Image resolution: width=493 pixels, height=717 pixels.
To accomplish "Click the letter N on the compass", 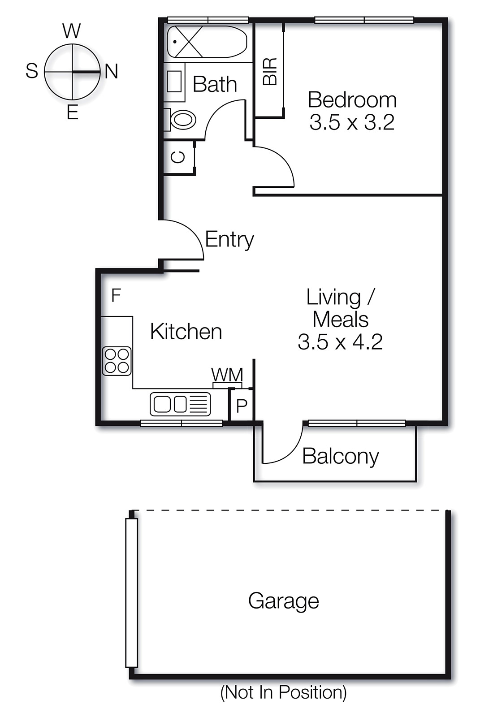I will (112, 71).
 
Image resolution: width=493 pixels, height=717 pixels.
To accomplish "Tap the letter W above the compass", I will (72, 31).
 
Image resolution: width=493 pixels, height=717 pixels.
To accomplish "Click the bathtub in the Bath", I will (207, 42).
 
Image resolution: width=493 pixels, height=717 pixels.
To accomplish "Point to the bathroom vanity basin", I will (174, 82).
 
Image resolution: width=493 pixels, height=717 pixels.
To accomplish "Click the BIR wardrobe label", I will (270, 72).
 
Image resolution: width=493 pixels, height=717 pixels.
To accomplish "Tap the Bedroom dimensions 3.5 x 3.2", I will (352, 122).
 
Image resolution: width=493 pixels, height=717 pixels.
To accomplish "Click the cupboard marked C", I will (178, 157).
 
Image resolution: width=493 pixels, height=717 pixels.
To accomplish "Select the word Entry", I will (229, 239).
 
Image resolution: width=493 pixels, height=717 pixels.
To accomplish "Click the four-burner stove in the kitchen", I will (117, 361).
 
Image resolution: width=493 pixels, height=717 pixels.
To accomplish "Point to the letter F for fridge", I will (116, 296).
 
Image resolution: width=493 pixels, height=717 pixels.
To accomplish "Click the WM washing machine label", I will (227, 375).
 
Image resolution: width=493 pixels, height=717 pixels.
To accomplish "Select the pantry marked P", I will (242, 406).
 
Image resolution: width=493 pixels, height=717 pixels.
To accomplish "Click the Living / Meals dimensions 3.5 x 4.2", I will (340, 342).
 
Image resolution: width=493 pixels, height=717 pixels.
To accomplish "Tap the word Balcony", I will (341, 456).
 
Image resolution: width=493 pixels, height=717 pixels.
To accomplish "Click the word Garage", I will (283, 601).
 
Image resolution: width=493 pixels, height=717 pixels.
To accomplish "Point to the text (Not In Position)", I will (283, 692).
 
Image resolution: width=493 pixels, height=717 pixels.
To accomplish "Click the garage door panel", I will (131, 593).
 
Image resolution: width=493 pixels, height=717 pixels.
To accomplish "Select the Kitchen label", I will (186, 332).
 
